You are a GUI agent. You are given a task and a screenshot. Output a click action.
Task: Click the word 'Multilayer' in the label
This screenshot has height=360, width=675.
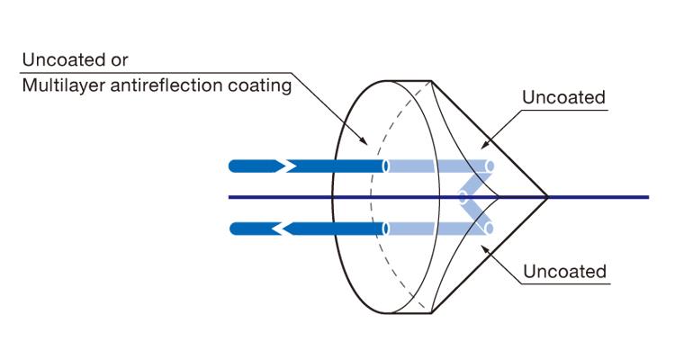(57, 86)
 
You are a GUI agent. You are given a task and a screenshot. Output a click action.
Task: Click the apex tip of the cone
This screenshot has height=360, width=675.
(547, 196)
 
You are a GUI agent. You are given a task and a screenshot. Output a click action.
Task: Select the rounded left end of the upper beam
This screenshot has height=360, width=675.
(236, 166)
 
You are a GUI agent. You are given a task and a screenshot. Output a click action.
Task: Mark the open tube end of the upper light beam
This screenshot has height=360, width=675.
(490, 166)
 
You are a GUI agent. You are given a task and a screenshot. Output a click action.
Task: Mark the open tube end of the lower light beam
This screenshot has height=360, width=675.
(490, 228)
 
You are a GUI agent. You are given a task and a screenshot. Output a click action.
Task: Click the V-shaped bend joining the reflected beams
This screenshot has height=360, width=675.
(464, 197)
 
